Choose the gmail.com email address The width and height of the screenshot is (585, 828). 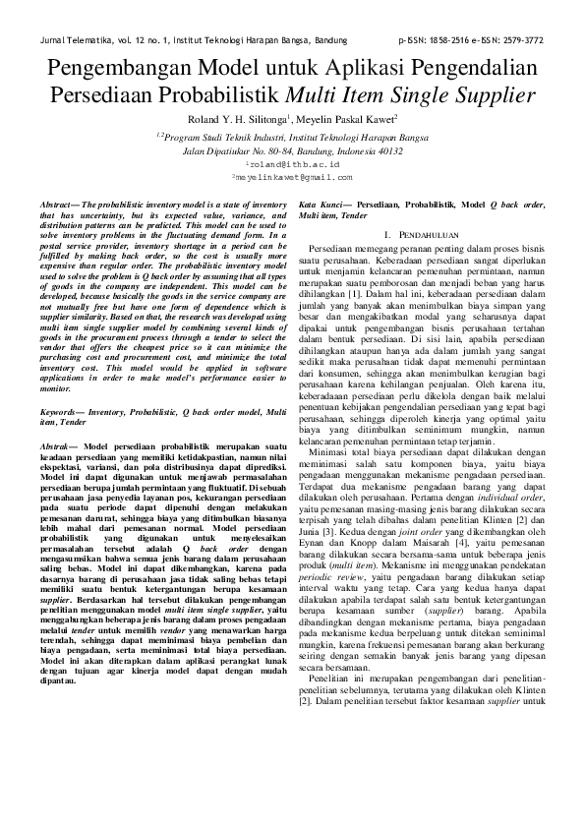click(292, 177)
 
